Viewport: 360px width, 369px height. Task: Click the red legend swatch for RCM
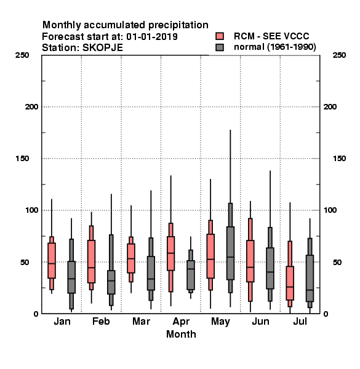(x=220, y=36)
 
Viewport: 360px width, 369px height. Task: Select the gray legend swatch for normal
(x=220, y=47)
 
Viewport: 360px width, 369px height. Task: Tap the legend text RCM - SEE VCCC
(x=271, y=36)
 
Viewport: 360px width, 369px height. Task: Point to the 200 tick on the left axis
(x=31, y=107)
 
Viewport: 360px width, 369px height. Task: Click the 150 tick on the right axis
(x=339, y=159)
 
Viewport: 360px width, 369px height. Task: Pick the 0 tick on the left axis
(x=36, y=314)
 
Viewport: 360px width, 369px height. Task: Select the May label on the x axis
(x=220, y=322)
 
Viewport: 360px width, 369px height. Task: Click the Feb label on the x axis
(x=101, y=321)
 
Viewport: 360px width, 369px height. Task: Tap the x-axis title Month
(x=181, y=334)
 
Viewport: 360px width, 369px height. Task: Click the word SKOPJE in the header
(x=103, y=48)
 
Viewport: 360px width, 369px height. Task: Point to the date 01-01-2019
(x=152, y=37)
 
